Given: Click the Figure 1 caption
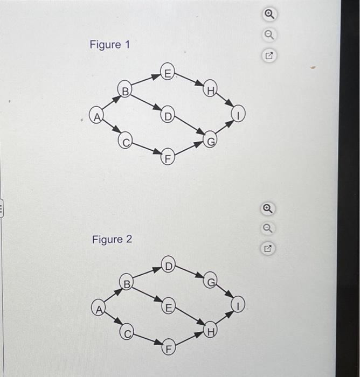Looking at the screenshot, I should (109, 45).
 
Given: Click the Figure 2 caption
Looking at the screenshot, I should (112, 239).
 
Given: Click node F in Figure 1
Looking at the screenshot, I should (168, 158).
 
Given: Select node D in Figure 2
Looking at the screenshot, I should (168, 266).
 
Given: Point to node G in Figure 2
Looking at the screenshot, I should (211, 281).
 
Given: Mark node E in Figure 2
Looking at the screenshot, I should (168, 308).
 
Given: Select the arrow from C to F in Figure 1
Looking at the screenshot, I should (147, 149).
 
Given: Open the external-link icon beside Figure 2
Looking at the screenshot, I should (268, 249).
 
